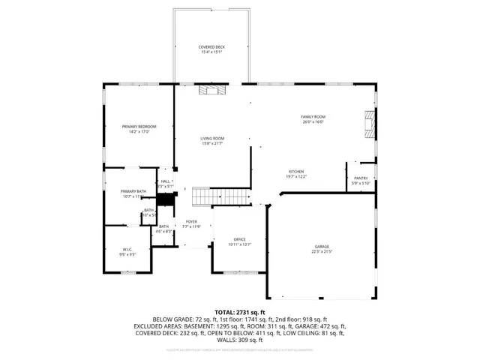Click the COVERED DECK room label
(x=211, y=46)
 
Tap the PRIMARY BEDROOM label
(x=139, y=126)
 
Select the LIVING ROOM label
(x=212, y=138)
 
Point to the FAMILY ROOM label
(x=313, y=116)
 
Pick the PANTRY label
(x=361, y=178)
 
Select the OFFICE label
(x=240, y=239)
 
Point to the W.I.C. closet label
(x=127, y=249)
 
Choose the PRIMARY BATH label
(x=132, y=191)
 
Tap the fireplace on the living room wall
(x=211, y=90)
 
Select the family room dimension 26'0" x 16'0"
(x=313, y=121)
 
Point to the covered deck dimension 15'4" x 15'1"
(x=211, y=52)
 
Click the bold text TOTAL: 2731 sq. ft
(x=240, y=312)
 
